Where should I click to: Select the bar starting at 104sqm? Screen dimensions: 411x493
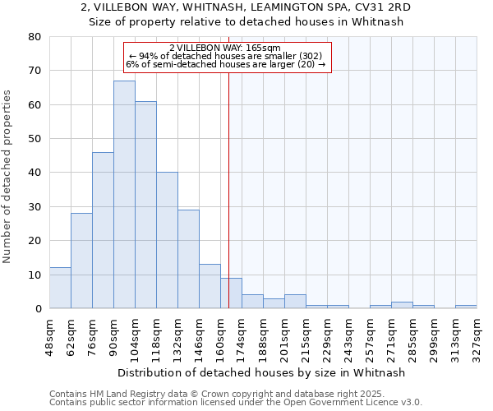click(x=145, y=205)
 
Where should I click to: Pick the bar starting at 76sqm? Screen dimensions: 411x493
click(x=103, y=230)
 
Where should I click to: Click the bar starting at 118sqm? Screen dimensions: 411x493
click(x=167, y=240)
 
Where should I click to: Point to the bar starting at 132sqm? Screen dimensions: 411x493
click(x=188, y=259)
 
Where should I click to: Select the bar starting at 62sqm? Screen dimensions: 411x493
click(x=81, y=261)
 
